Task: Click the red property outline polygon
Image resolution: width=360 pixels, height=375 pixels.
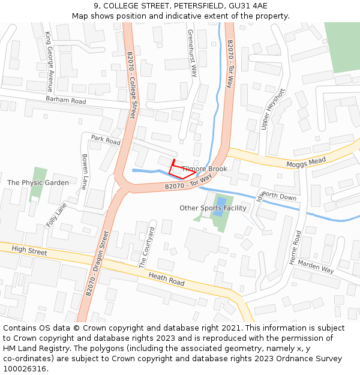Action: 178,170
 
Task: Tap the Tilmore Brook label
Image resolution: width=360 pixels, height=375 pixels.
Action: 205,169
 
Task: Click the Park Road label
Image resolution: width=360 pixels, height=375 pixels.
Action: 106,140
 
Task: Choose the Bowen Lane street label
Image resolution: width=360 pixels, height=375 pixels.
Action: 85,172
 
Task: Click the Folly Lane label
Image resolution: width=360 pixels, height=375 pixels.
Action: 56,215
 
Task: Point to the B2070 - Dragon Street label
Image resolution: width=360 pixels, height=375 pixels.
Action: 97,263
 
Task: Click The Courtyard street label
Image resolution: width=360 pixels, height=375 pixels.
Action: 147,247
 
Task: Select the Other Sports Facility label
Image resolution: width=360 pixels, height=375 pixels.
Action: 213,208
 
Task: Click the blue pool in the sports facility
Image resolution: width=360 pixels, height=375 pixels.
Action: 220,206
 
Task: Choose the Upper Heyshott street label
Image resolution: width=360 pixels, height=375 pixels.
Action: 272,109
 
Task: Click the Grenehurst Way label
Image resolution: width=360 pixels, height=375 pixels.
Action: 193,53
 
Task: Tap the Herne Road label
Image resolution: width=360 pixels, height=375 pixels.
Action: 295,245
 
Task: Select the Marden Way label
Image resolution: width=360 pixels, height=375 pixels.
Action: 316,266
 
